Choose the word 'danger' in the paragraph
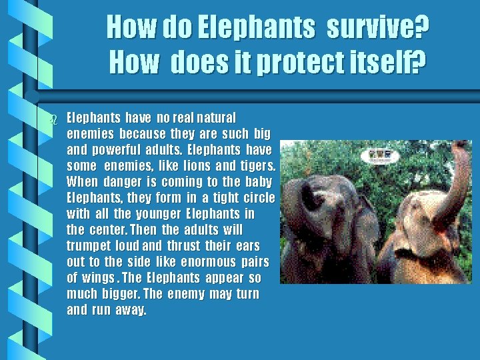(x=125, y=183)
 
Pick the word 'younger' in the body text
(x=154, y=215)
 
